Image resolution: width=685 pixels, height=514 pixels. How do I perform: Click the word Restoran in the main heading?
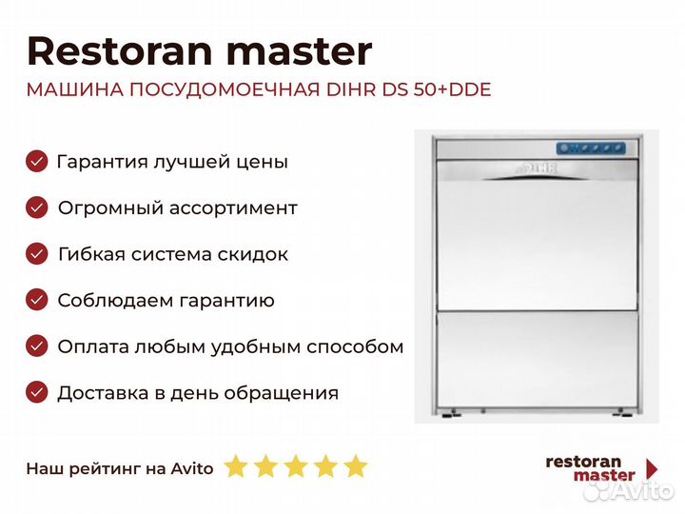pos(120,50)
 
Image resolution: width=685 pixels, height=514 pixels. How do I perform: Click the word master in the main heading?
pos(300,51)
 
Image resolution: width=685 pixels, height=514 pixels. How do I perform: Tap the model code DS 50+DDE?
pos(437,89)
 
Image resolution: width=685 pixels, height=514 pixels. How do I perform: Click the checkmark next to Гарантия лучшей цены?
pos(37,161)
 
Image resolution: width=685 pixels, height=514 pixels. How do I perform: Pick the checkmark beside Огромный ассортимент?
pos(37,208)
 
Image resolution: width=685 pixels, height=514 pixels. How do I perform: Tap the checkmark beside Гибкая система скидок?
pos(37,254)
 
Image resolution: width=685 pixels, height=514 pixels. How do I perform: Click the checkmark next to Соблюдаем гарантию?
pos(37,300)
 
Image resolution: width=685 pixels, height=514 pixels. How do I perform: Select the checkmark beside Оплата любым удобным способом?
pos(37,346)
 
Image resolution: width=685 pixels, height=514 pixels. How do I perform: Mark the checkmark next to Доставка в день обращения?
pos(37,392)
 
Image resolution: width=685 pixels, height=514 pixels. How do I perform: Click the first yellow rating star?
pos(236,466)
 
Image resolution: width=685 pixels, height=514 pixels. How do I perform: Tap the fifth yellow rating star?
pos(356,466)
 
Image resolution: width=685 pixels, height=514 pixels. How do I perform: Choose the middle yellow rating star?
pos(296,466)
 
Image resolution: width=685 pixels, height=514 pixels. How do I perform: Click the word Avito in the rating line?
pos(192,468)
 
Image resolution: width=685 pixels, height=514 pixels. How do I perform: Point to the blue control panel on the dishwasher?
pos(591,148)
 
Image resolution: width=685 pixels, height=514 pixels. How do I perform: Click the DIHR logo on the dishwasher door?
pos(537,168)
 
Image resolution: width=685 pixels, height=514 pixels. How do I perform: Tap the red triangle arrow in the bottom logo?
pos(652,468)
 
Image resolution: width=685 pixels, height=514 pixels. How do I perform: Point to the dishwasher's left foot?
pos(450,413)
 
